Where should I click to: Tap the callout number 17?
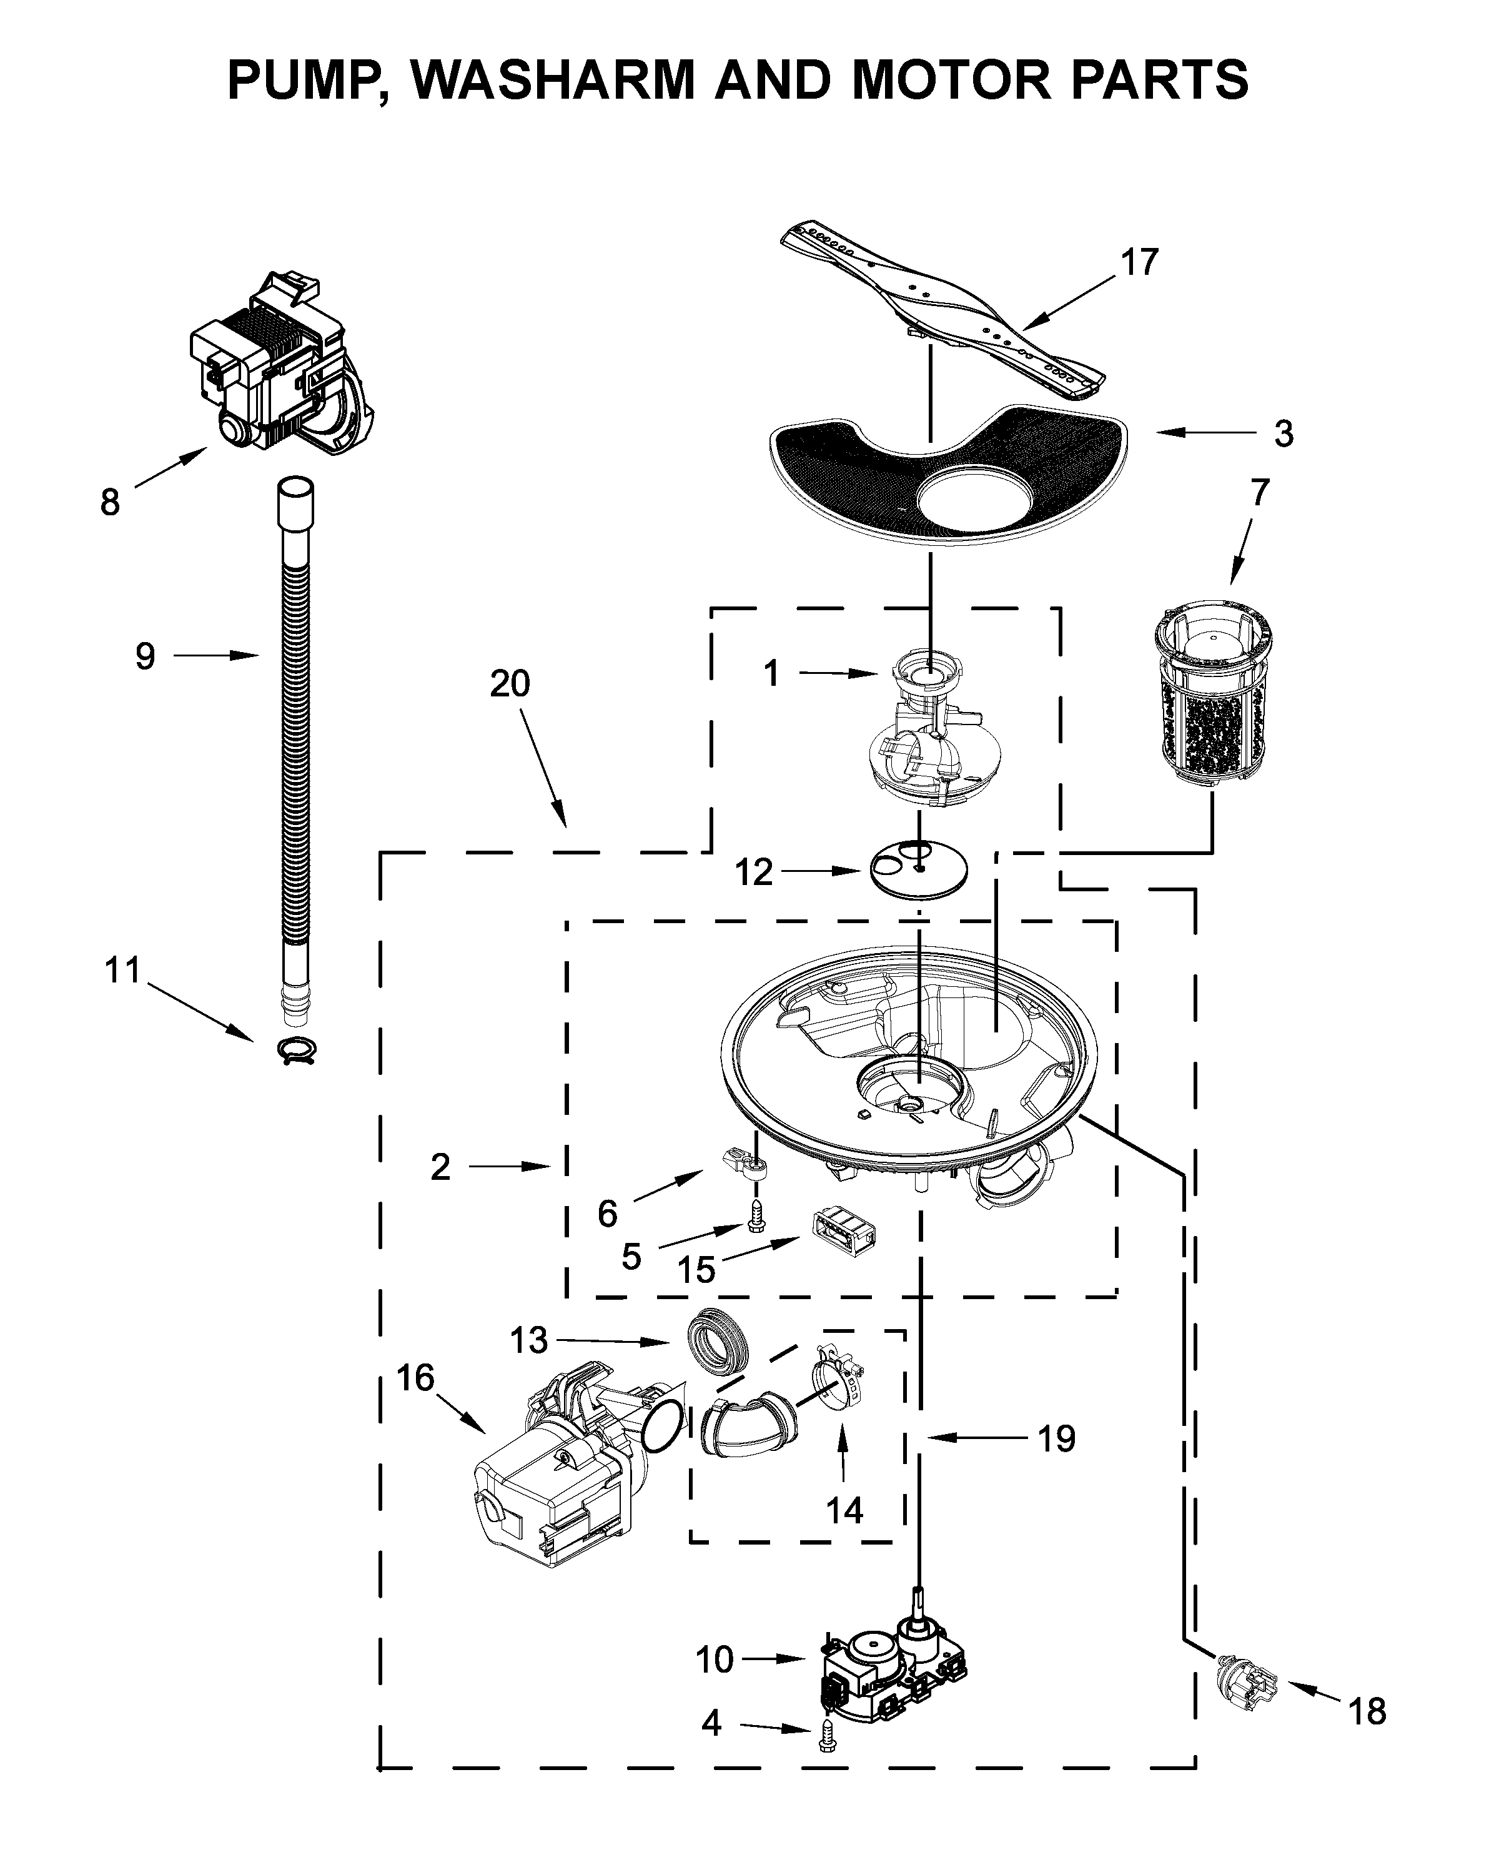[1139, 262]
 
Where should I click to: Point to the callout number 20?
[510, 684]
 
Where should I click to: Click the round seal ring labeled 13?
[720, 1344]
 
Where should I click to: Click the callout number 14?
[843, 1510]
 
